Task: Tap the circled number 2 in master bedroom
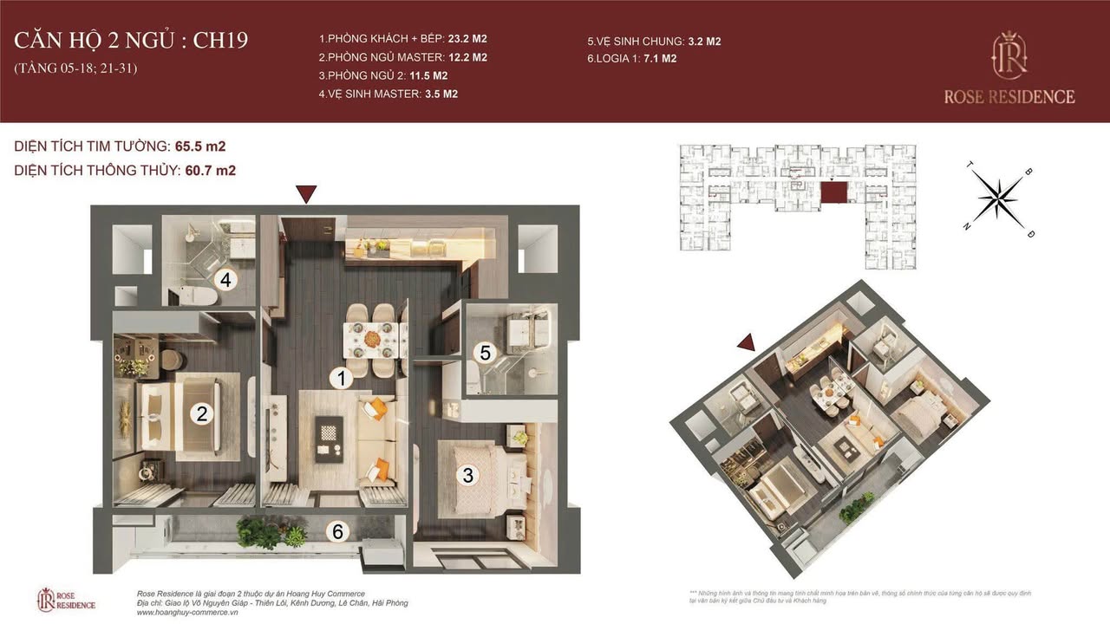201,414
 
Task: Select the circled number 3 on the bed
467,475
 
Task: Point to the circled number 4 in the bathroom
225,280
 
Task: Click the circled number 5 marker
486,353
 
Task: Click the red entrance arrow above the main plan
305,194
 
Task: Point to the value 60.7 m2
211,171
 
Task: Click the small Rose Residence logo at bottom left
66,599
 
